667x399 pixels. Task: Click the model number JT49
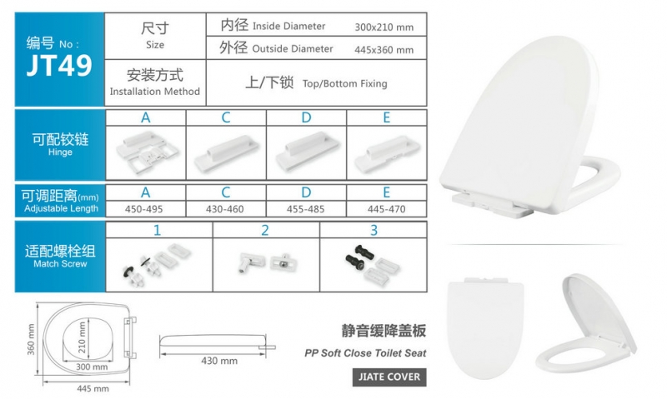[59, 65]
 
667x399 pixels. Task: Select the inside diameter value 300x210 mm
[384, 27]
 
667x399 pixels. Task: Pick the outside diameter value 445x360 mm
[384, 50]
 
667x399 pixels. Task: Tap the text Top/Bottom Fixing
[345, 83]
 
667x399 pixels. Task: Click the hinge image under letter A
[147, 152]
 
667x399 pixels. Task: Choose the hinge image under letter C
[226, 153]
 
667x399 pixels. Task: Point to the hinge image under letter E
[387, 154]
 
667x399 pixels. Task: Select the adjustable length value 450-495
[143, 209]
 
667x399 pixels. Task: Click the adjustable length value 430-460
[224, 209]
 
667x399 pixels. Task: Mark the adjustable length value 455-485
[305, 209]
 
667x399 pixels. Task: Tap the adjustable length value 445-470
[386, 209]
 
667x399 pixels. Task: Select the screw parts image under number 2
[267, 262]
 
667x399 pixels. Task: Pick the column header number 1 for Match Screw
[158, 230]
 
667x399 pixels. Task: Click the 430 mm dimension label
[219, 361]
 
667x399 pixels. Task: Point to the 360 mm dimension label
[31, 339]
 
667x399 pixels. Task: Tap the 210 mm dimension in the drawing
[82, 337]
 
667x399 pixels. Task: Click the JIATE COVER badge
[389, 377]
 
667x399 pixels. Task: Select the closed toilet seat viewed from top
[485, 328]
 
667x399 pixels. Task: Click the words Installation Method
[155, 92]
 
